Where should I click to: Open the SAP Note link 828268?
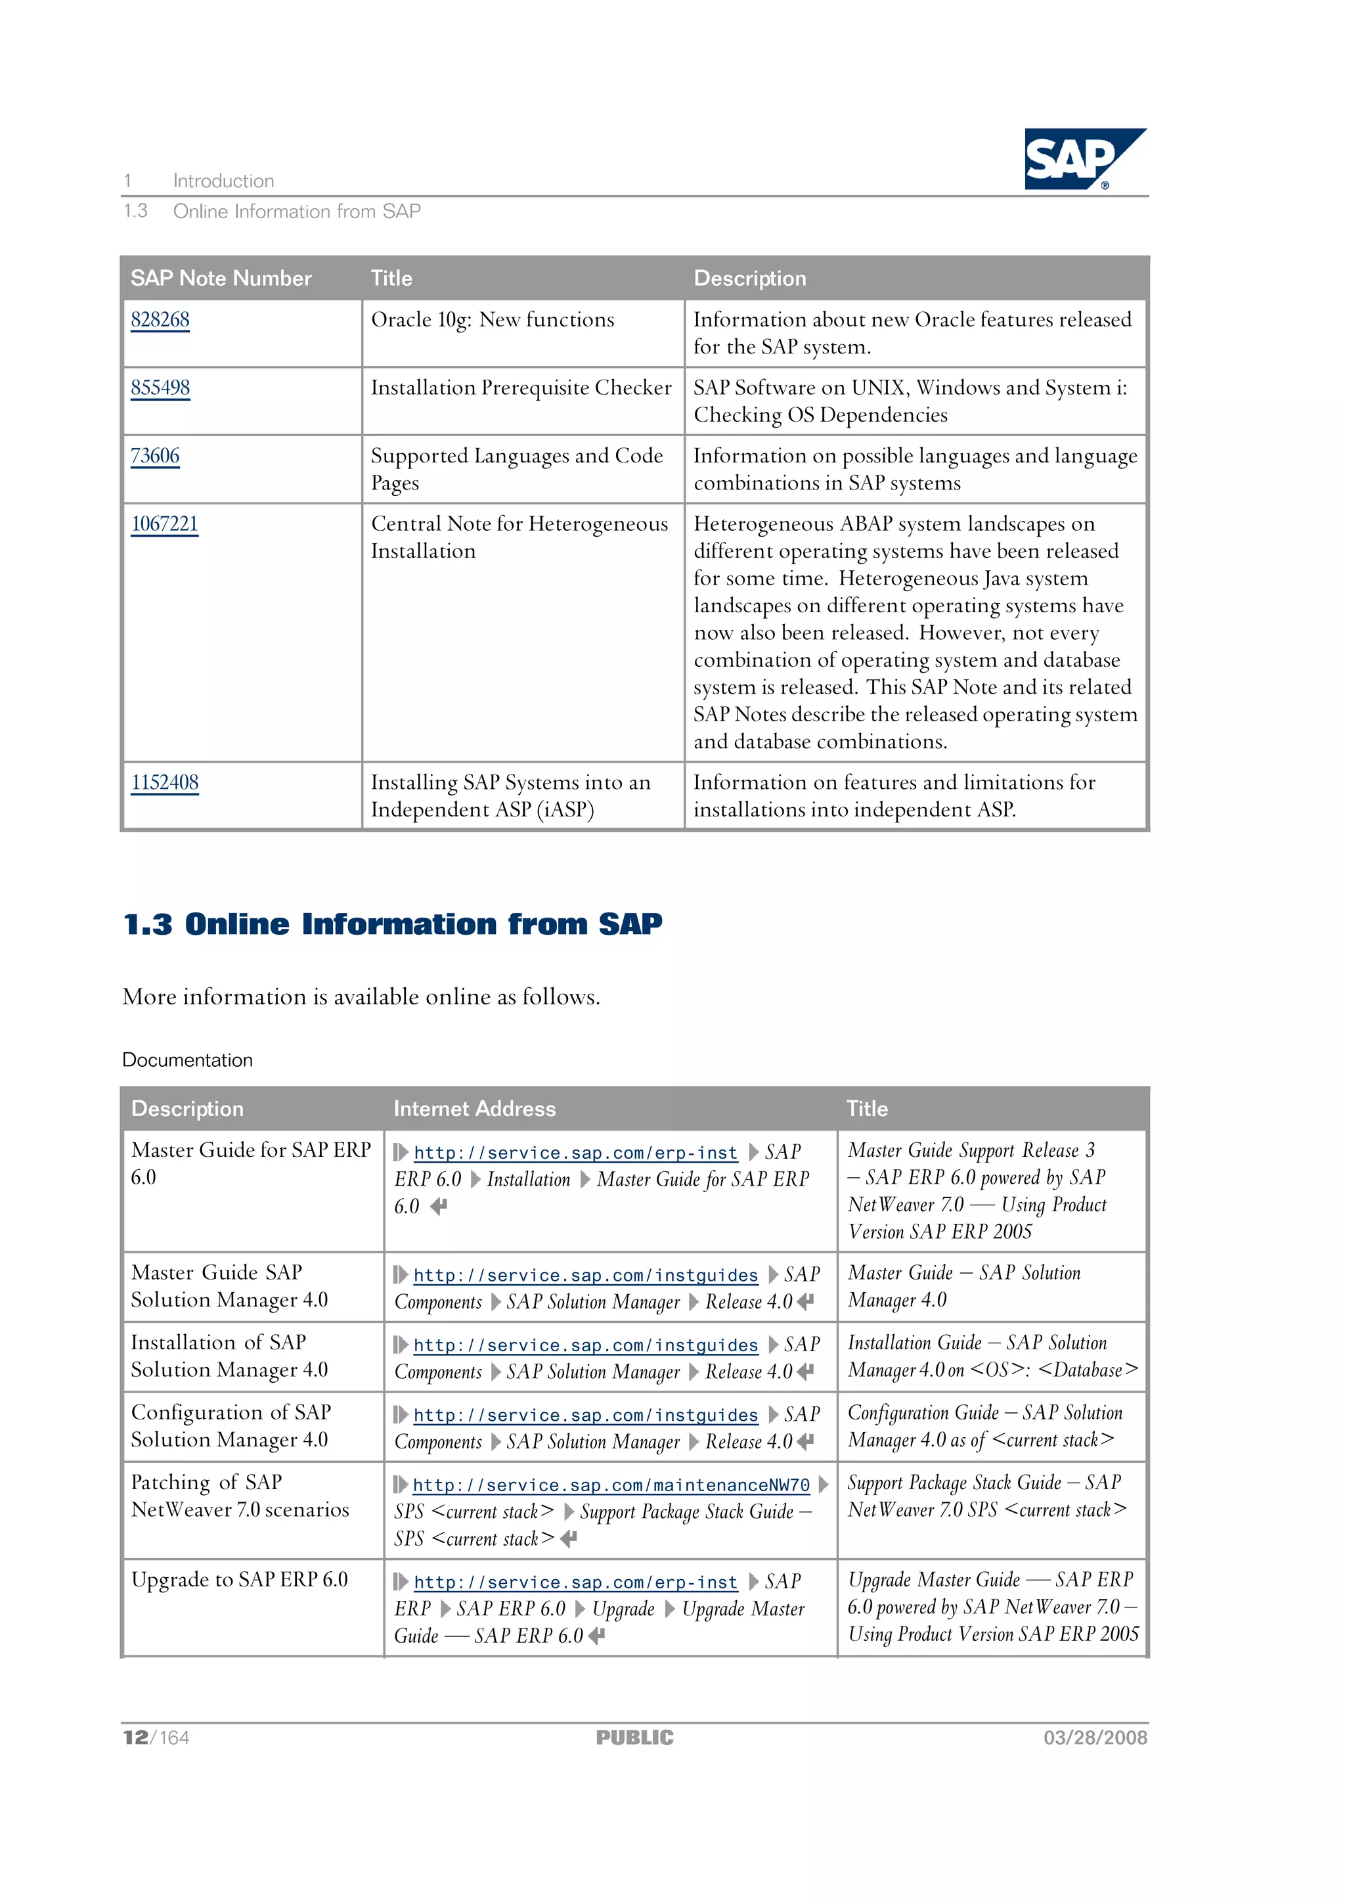pos(160,320)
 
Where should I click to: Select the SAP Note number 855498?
pos(160,388)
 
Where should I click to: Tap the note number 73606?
pos(155,456)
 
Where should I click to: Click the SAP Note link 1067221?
pos(164,524)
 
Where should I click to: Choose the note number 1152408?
pos(164,782)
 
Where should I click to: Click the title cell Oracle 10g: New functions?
pos(493,320)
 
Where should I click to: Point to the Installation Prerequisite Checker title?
pos(520,388)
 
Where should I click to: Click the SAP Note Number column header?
pos(221,279)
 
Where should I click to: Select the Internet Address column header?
pos(474,1109)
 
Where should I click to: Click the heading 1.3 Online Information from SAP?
pos(392,924)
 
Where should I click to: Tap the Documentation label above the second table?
pos(187,1060)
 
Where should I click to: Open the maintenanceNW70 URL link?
pos(611,1485)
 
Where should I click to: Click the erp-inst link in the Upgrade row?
pos(575,1582)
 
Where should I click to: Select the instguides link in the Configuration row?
pos(585,1416)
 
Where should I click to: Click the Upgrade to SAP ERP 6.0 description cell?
pos(240,1580)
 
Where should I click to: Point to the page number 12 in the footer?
pos(135,1738)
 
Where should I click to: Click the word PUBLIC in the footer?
pos(635,1738)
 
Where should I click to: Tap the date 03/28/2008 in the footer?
pos(1095,1738)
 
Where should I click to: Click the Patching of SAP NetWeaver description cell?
pos(240,1496)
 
